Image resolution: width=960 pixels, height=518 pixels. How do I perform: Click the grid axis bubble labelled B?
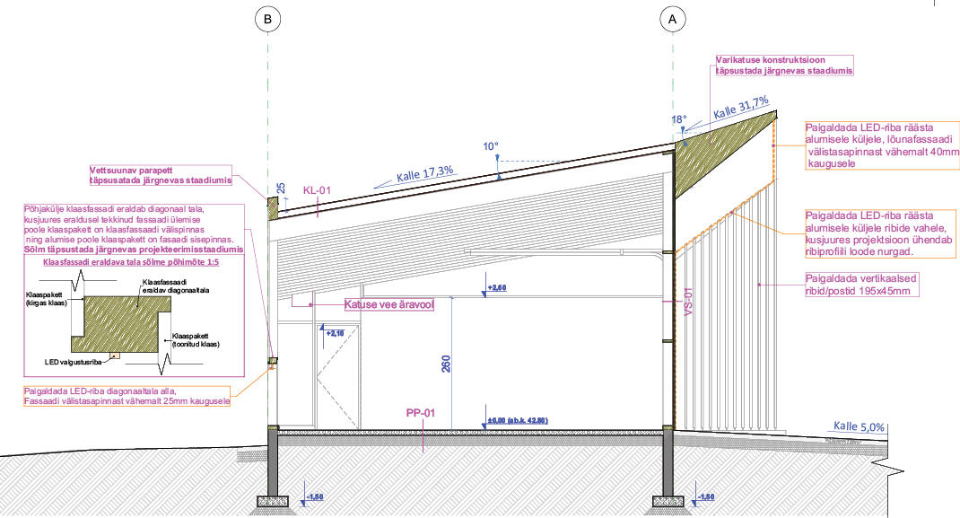(266, 18)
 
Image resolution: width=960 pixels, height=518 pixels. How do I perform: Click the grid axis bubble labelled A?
(672, 18)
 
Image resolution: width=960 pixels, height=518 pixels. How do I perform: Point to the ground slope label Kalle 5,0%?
(860, 426)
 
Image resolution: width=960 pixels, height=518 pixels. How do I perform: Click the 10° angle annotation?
(489, 145)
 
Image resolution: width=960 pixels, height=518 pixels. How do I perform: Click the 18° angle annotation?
(679, 119)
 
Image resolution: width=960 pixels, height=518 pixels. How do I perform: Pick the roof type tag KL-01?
(317, 190)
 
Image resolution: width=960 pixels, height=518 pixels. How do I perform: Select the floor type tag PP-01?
(421, 414)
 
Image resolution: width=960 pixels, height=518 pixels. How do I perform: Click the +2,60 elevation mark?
(496, 288)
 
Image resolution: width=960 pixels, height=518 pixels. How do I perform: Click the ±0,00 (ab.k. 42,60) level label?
(515, 421)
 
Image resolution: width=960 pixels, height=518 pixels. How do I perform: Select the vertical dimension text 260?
(446, 363)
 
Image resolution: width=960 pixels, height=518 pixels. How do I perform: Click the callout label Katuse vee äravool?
(389, 305)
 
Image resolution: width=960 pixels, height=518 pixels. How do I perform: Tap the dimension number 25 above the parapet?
(281, 189)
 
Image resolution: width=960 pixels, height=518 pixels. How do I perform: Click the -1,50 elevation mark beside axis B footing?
(314, 496)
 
